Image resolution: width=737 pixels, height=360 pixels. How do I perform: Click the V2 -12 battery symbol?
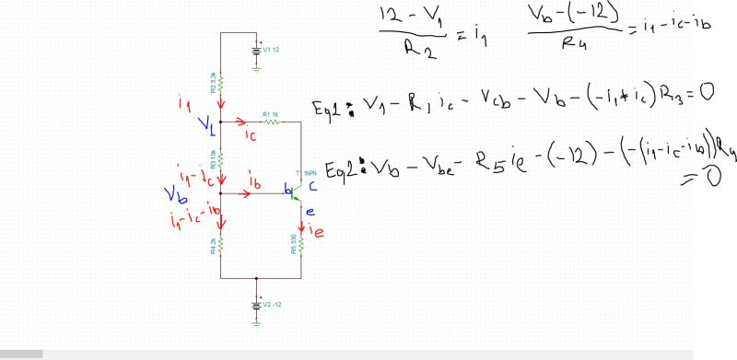point(257,303)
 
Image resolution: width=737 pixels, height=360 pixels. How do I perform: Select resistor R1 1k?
point(271,120)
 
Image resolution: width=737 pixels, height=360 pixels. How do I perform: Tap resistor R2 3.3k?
point(222,83)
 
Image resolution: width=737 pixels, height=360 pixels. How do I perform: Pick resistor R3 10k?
point(222,158)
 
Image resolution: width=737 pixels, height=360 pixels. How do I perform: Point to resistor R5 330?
point(302,244)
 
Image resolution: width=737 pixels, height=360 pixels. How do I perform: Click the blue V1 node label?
point(208,124)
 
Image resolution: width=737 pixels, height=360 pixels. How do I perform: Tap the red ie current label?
point(316,230)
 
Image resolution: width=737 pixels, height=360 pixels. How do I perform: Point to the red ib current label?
point(254,183)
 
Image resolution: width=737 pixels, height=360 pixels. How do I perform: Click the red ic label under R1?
point(251,135)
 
